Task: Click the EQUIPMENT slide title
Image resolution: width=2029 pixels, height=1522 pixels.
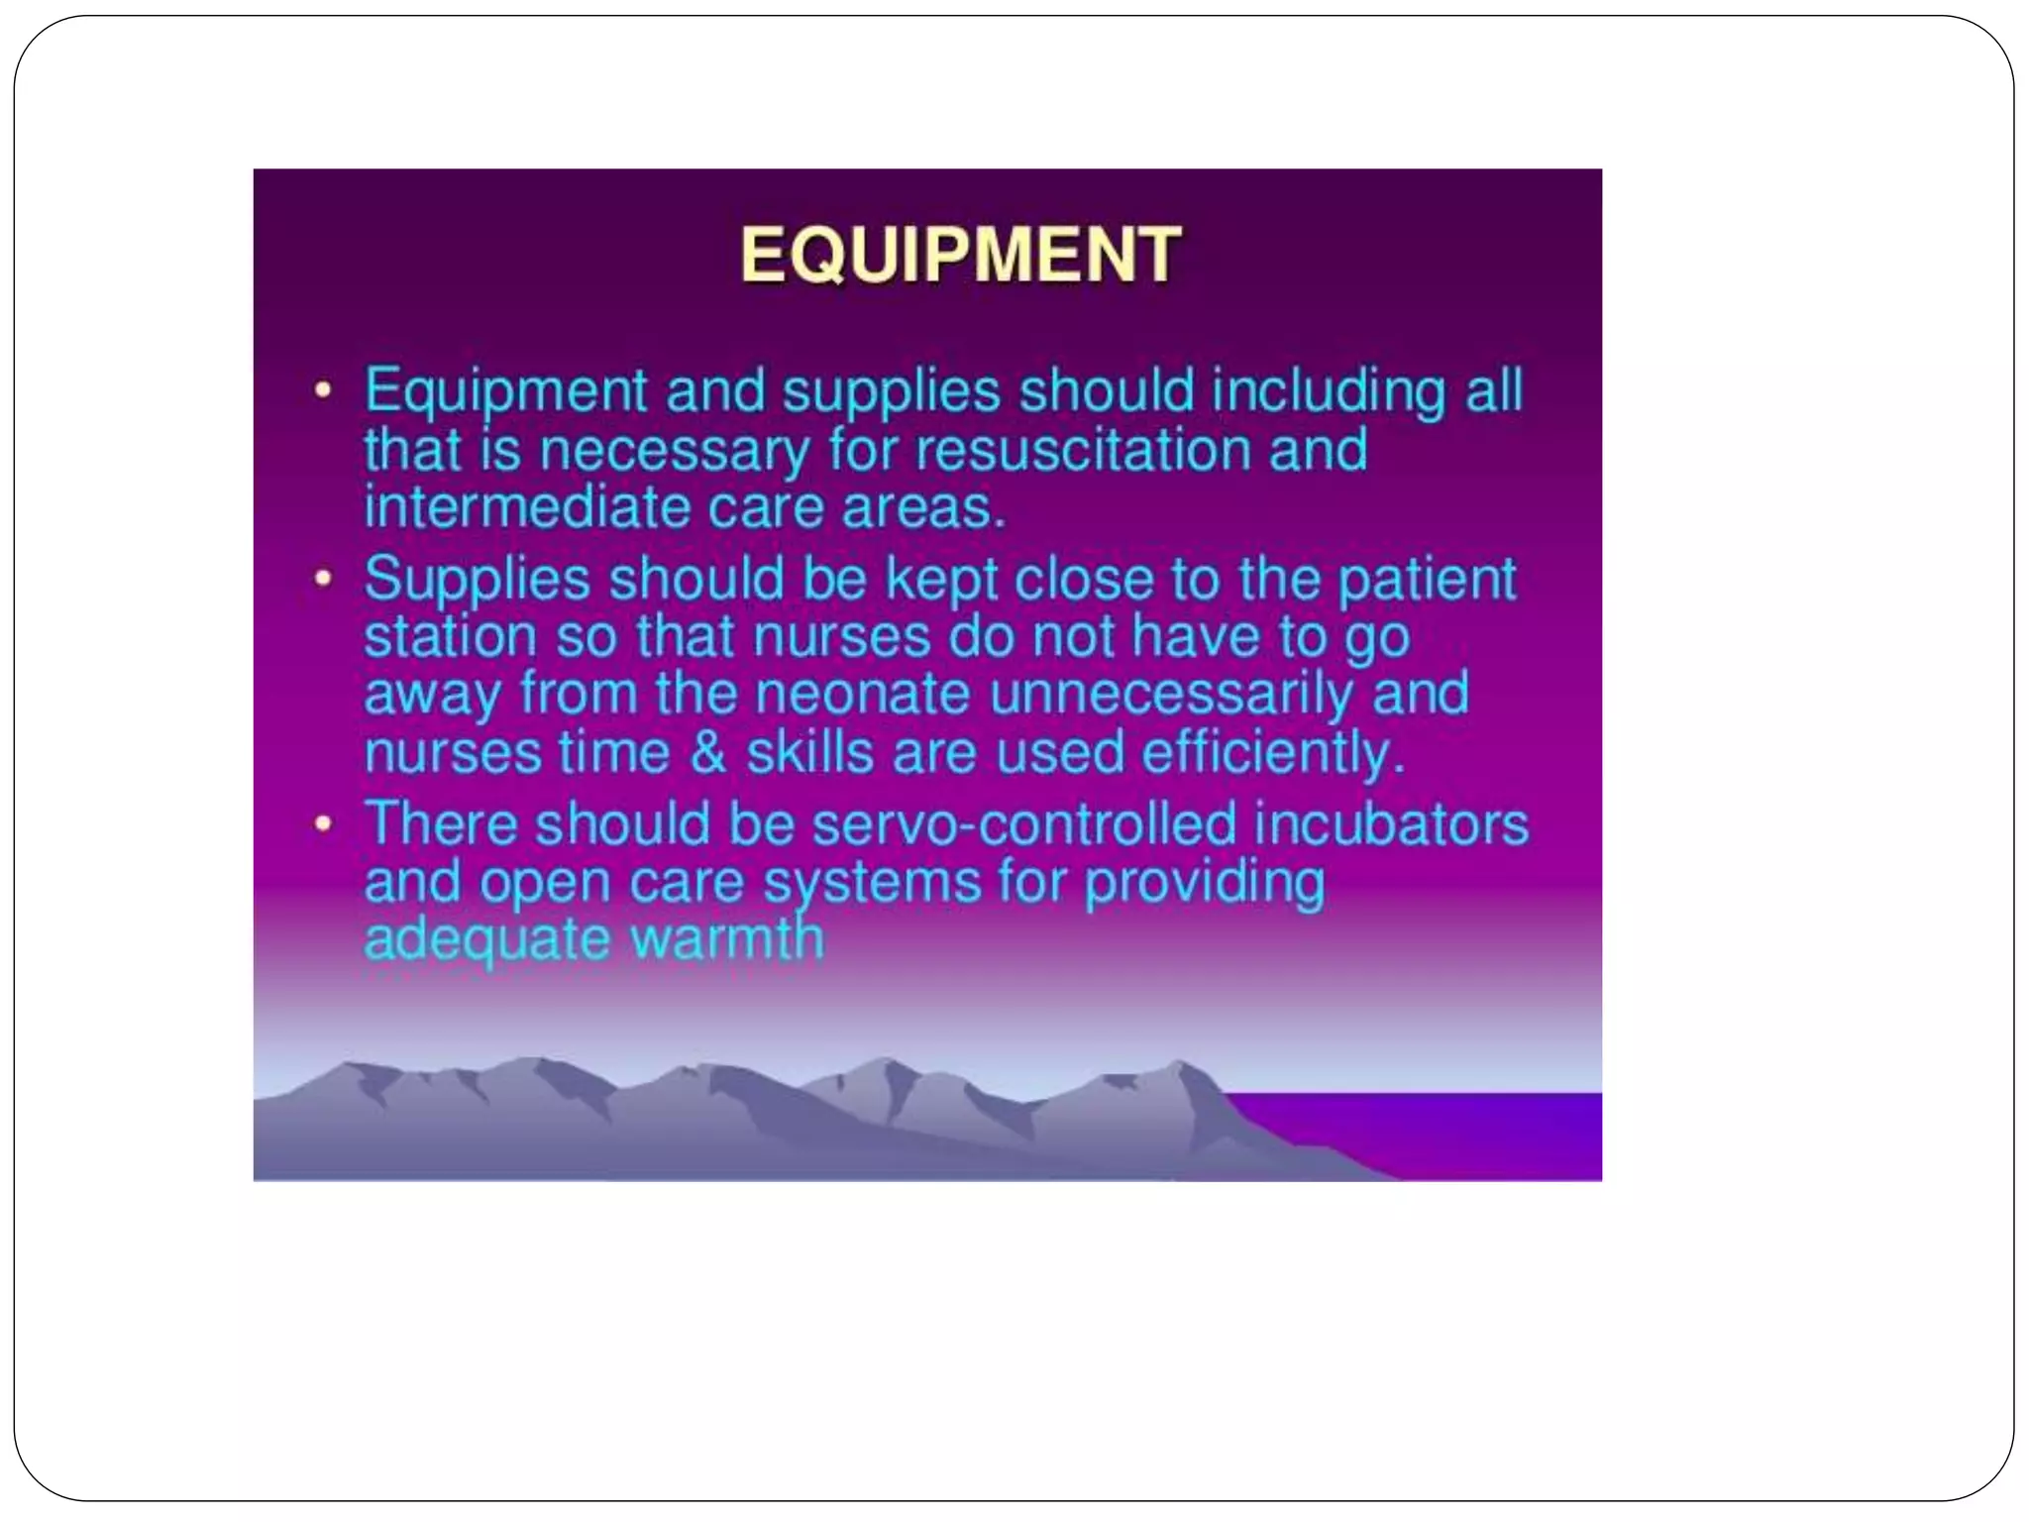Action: coord(959,256)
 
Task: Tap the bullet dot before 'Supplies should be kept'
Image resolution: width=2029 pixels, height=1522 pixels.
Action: coord(322,578)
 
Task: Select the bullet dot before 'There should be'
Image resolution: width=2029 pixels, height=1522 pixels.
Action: coord(322,823)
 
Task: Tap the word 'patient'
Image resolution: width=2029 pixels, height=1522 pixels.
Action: coord(1427,579)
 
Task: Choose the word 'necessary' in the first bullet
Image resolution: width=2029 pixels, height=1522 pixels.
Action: coord(673,451)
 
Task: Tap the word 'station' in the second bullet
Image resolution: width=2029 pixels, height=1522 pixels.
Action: coord(450,636)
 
